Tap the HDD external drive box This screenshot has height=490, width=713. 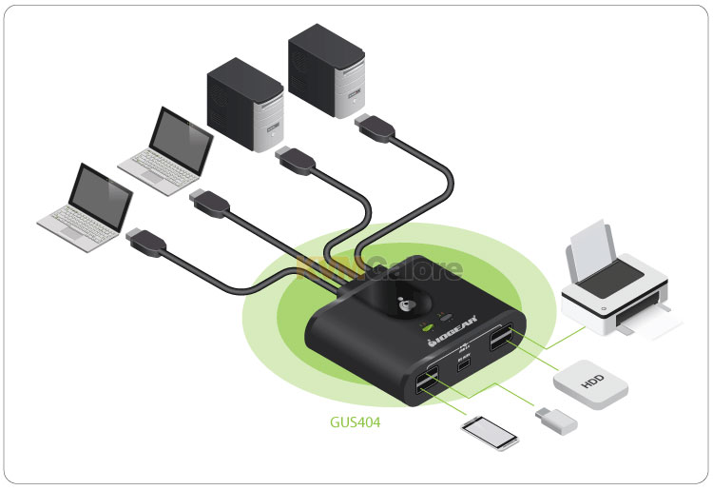(592, 384)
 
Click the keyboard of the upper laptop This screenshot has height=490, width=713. (152, 166)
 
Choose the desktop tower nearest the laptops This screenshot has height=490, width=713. (245, 104)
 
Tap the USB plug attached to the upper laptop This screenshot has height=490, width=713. (209, 204)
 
